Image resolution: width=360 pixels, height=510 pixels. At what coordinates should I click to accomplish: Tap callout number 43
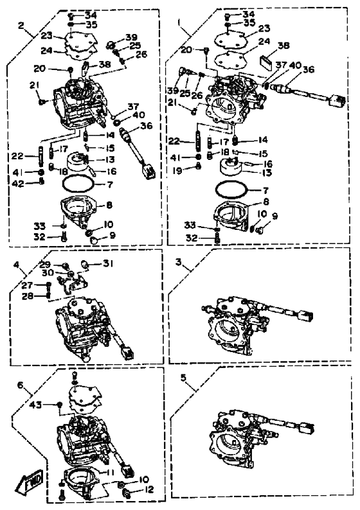(x=35, y=405)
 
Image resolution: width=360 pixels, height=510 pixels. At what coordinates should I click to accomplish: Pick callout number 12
(x=148, y=489)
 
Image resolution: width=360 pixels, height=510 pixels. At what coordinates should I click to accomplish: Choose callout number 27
(x=27, y=285)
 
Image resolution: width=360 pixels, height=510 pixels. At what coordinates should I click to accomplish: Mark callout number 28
(x=28, y=296)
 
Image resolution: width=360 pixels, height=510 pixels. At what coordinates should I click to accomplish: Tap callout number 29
(x=45, y=264)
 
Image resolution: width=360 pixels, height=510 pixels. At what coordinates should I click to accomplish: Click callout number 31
(x=108, y=263)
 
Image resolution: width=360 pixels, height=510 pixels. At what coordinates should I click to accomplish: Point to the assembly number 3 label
(x=178, y=262)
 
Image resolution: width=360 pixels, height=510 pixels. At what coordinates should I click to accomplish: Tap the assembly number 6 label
(x=21, y=385)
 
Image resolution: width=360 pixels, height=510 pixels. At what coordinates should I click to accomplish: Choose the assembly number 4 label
(x=15, y=265)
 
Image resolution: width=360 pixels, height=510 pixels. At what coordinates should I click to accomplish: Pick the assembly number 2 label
(x=21, y=25)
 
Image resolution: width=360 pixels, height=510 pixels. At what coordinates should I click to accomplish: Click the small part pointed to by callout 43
(x=59, y=404)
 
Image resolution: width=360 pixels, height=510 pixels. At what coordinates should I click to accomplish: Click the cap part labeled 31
(x=85, y=264)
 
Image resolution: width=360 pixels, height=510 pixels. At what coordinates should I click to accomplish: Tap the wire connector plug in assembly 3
(x=305, y=315)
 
